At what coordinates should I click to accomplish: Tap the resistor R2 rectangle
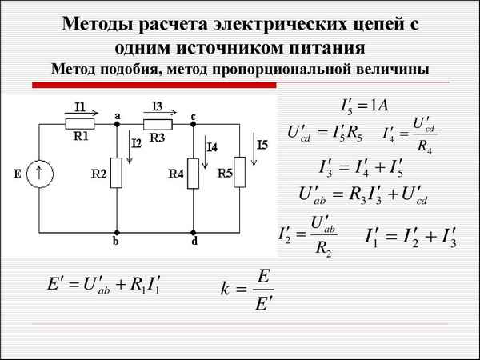pos(117,173)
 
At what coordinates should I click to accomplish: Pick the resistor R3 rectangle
pos(158,124)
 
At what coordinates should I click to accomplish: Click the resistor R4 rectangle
pos(193,173)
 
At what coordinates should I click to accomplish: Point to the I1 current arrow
pos(78,114)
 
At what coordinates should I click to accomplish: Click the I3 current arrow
pos(157,114)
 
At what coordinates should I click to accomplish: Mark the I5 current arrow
pos(258,152)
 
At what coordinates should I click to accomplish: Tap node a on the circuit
pos(117,124)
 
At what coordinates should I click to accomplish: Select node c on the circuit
pos(194,124)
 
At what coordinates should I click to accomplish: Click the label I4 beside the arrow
pos(212,147)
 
